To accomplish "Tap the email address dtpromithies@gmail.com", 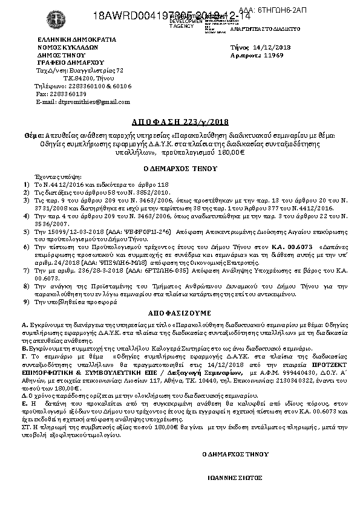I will (85, 102).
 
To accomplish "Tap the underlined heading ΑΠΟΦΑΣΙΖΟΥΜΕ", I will (179, 314).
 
